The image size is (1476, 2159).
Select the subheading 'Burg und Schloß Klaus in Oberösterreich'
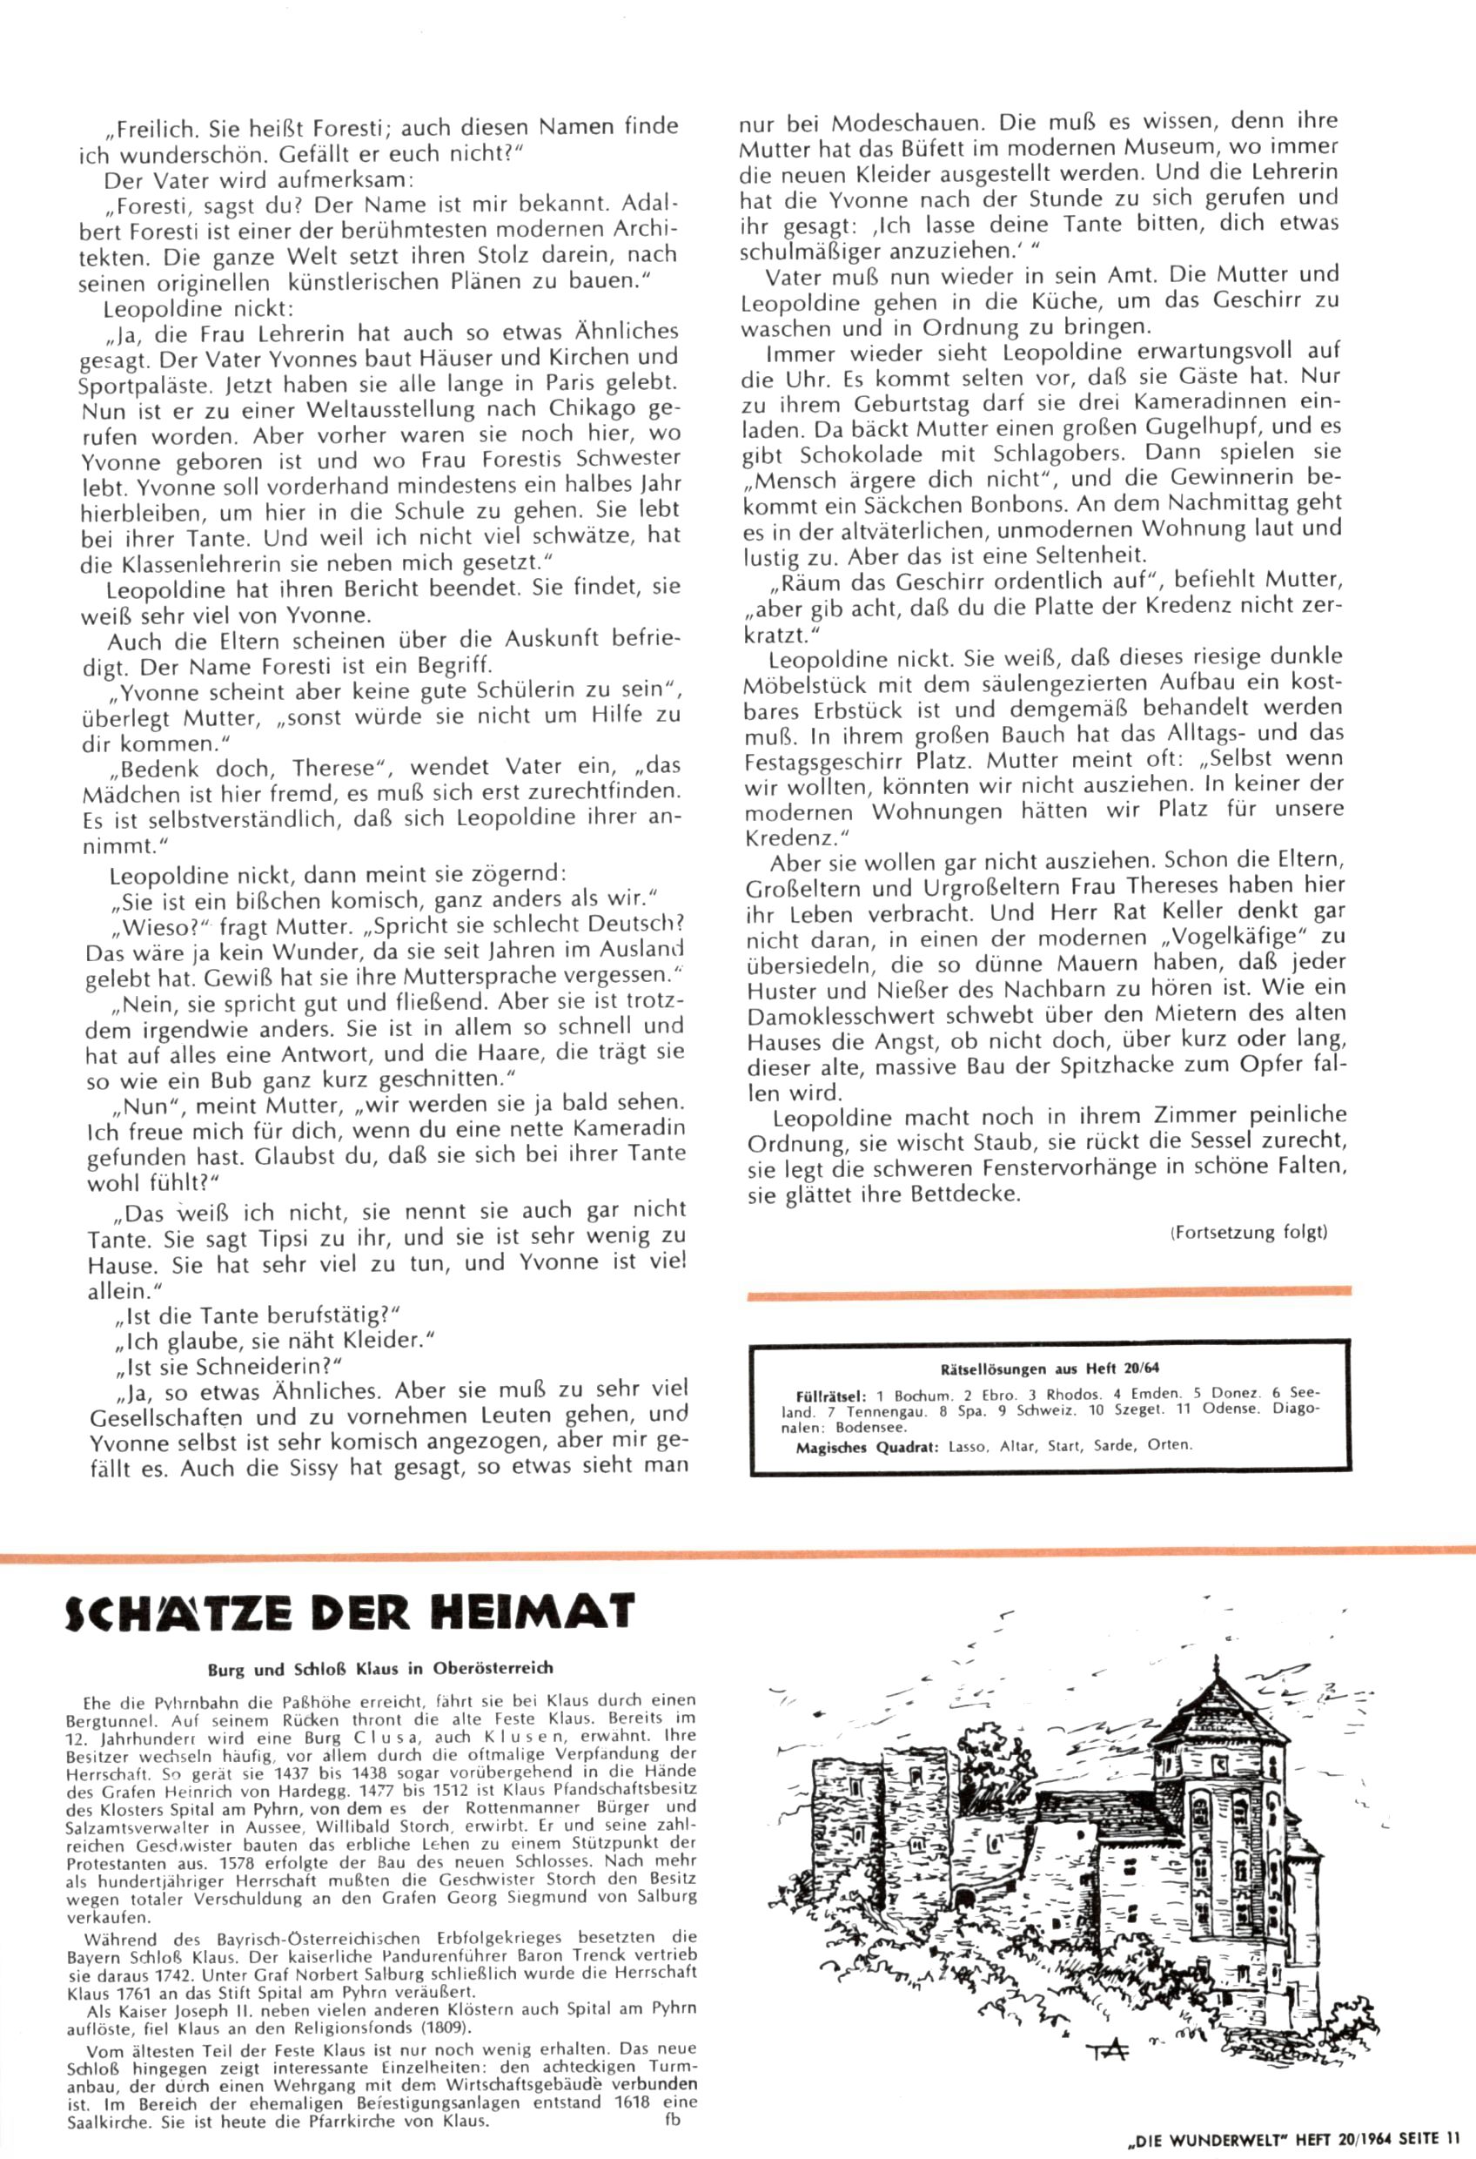pyautogui.click(x=380, y=1670)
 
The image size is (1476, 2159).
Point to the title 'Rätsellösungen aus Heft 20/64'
pyautogui.click(x=1050, y=1369)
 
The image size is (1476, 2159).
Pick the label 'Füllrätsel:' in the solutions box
pyautogui.click(x=831, y=1395)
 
